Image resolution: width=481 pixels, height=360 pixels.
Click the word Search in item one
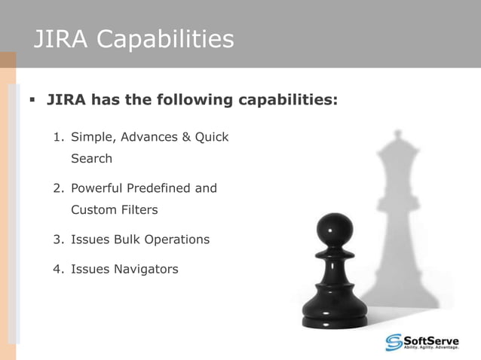(91, 159)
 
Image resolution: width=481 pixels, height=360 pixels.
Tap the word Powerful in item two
(98, 188)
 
